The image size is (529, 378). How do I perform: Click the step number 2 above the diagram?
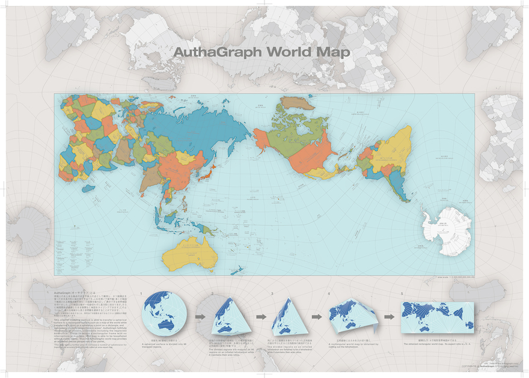[x=213, y=294]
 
